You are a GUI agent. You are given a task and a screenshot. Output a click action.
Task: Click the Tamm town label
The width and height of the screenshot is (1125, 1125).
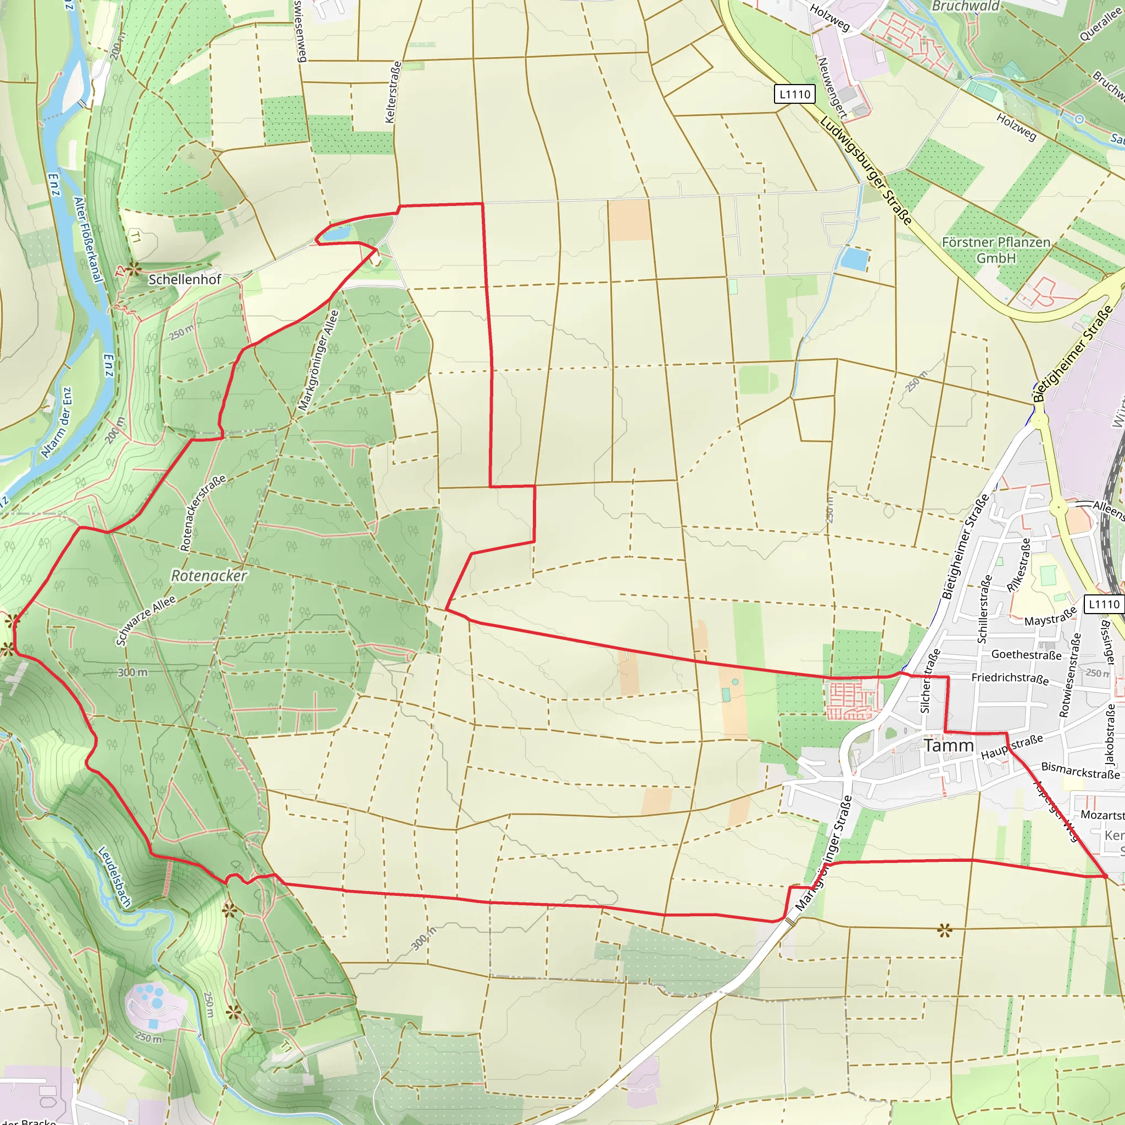pyautogui.click(x=949, y=746)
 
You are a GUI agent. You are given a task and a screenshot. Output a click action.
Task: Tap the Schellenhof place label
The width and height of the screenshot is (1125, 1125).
pyautogui.click(x=185, y=280)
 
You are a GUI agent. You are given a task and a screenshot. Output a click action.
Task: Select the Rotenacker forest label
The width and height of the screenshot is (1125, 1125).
pyautogui.click(x=208, y=576)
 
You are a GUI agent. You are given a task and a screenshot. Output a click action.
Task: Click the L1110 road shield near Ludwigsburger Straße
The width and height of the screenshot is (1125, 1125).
pyautogui.click(x=794, y=94)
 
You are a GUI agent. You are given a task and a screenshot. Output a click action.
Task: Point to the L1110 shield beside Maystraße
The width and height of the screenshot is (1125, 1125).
pyautogui.click(x=1104, y=604)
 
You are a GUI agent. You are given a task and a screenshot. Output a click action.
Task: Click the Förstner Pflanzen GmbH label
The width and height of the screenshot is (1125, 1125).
pyautogui.click(x=996, y=250)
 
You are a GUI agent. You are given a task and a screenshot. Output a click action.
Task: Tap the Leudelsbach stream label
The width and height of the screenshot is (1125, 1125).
pyautogui.click(x=114, y=876)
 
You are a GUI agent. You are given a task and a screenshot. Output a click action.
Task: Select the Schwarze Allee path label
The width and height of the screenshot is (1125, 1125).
pyautogui.click(x=145, y=621)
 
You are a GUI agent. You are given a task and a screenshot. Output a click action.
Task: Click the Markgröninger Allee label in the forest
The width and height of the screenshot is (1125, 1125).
pyautogui.click(x=318, y=360)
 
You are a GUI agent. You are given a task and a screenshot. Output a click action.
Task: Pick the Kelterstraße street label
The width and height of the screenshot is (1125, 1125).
pyautogui.click(x=393, y=92)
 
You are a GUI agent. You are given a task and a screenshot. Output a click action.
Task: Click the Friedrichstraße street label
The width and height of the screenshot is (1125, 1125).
pyautogui.click(x=1010, y=678)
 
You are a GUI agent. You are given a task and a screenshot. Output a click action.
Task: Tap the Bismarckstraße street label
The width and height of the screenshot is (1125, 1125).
pyautogui.click(x=1080, y=771)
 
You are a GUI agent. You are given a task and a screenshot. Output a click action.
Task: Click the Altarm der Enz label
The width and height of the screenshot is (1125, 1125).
pyautogui.click(x=57, y=423)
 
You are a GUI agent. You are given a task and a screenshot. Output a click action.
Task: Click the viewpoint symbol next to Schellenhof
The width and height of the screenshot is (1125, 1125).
pyautogui.click(x=135, y=269)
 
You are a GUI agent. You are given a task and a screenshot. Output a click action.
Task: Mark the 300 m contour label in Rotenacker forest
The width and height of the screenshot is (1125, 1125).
pyautogui.click(x=132, y=672)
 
